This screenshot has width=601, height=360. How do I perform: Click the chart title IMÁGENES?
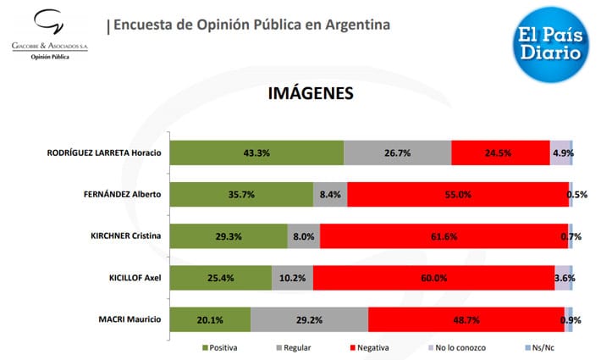(x=310, y=92)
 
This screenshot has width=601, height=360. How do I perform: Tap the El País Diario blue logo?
(x=550, y=42)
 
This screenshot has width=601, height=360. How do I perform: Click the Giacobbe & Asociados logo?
(x=49, y=33)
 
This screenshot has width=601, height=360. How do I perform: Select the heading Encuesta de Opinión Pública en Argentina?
(x=251, y=25)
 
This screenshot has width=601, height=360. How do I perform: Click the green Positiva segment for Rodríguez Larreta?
(x=256, y=152)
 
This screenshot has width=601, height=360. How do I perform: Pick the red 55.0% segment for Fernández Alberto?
(x=457, y=194)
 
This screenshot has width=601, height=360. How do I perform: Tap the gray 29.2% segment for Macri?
(x=309, y=320)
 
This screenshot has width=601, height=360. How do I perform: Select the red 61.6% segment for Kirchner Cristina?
(x=444, y=236)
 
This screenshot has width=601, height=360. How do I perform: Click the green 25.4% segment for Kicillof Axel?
(x=220, y=278)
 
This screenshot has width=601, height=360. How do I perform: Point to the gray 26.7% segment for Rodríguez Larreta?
(x=397, y=152)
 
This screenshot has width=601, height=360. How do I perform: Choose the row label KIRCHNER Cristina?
(x=125, y=235)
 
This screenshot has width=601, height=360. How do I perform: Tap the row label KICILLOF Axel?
(x=135, y=278)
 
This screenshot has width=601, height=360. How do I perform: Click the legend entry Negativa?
(x=369, y=347)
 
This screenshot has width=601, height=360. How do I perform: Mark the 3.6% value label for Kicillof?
(x=566, y=278)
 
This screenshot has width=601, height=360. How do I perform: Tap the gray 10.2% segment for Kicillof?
(x=292, y=278)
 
